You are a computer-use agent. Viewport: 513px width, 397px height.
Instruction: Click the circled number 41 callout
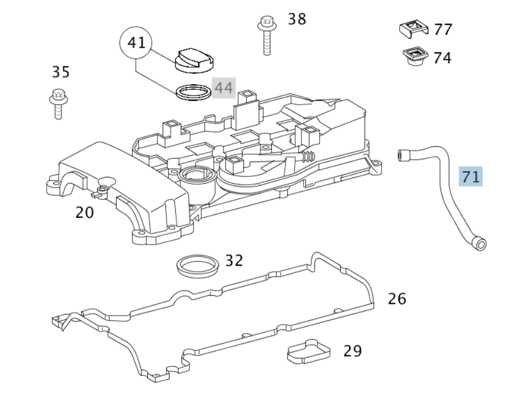(x=136, y=43)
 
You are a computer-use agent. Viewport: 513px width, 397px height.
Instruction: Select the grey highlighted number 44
(x=224, y=88)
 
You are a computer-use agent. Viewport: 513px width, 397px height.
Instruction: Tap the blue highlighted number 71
(x=470, y=176)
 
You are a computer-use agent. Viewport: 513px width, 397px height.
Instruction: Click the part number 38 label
(x=297, y=19)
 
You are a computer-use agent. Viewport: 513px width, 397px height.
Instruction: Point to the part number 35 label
(x=61, y=72)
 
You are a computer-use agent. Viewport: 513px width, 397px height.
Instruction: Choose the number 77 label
(x=443, y=30)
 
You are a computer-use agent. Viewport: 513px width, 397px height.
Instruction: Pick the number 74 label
(x=442, y=58)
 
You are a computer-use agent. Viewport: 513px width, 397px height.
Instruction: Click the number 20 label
(x=84, y=212)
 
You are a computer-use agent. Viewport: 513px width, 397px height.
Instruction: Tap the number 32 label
(x=234, y=260)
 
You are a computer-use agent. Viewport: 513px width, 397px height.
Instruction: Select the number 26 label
(x=397, y=299)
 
